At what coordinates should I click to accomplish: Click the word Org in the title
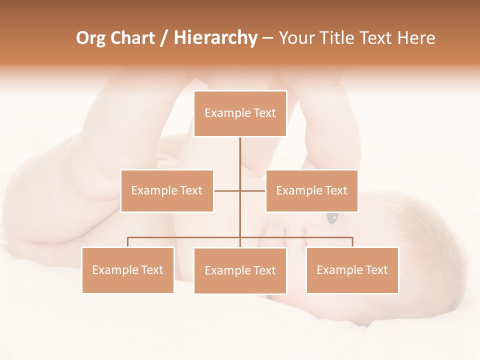pos(90,38)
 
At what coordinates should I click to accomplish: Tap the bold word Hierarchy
pos(215,38)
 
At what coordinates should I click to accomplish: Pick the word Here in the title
pos(416,38)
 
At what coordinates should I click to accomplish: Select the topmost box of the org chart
pos(240,113)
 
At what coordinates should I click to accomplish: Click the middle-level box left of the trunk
pos(167,190)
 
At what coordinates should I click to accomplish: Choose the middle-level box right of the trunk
pos(311,190)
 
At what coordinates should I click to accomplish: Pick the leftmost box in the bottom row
pos(128,270)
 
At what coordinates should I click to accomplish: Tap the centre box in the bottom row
pos(240,270)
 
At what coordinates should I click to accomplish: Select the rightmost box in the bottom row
pos(352,270)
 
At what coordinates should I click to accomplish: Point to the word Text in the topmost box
pos(265,113)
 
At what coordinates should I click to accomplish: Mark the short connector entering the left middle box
pos(226,190)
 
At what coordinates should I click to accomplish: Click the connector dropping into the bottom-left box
pos(128,242)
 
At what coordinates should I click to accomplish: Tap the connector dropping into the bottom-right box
pos(352,242)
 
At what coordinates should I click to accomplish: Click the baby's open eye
pos(332,218)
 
